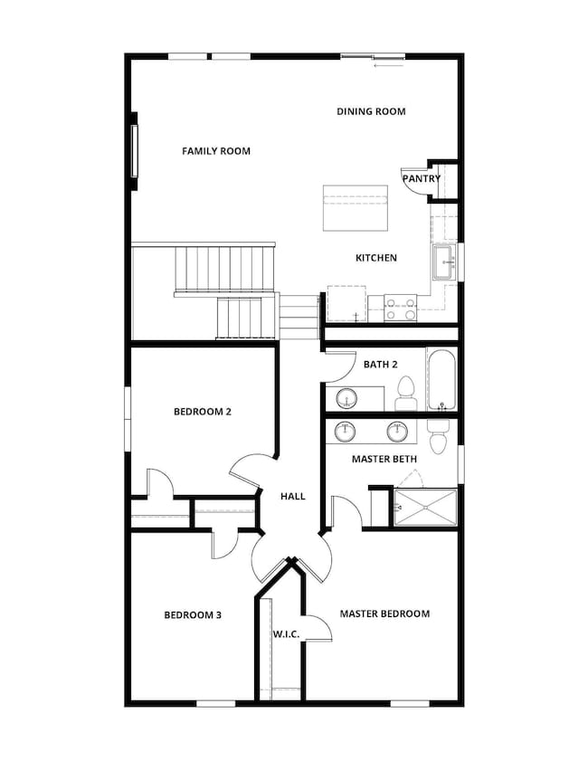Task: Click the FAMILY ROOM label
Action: [x=216, y=151]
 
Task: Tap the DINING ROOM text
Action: [x=371, y=111]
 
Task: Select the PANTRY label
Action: [x=422, y=178]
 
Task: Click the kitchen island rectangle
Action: [x=356, y=208]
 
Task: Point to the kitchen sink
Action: [x=444, y=262]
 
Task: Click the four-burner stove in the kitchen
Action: [x=400, y=309]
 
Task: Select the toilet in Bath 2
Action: [x=405, y=393]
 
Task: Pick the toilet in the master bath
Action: [x=438, y=436]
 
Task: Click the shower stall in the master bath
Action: [x=425, y=507]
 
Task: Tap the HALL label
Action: [x=293, y=496]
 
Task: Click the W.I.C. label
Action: [x=286, y=633]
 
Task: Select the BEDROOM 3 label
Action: [x=193, y=615]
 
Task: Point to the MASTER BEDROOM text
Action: [x=384, y=614]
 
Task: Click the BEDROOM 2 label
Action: [x=203, y=412]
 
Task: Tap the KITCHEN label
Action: [x=376, y=258]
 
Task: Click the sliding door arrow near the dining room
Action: [x=389, y=64]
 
